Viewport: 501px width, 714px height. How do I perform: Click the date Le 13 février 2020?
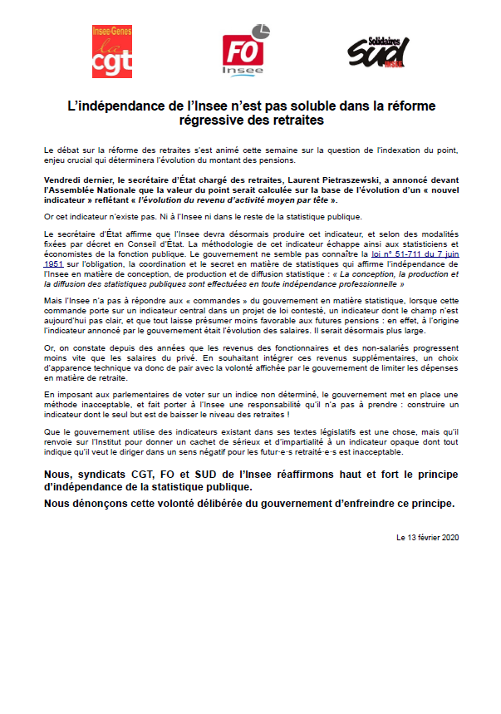[428, 537]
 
